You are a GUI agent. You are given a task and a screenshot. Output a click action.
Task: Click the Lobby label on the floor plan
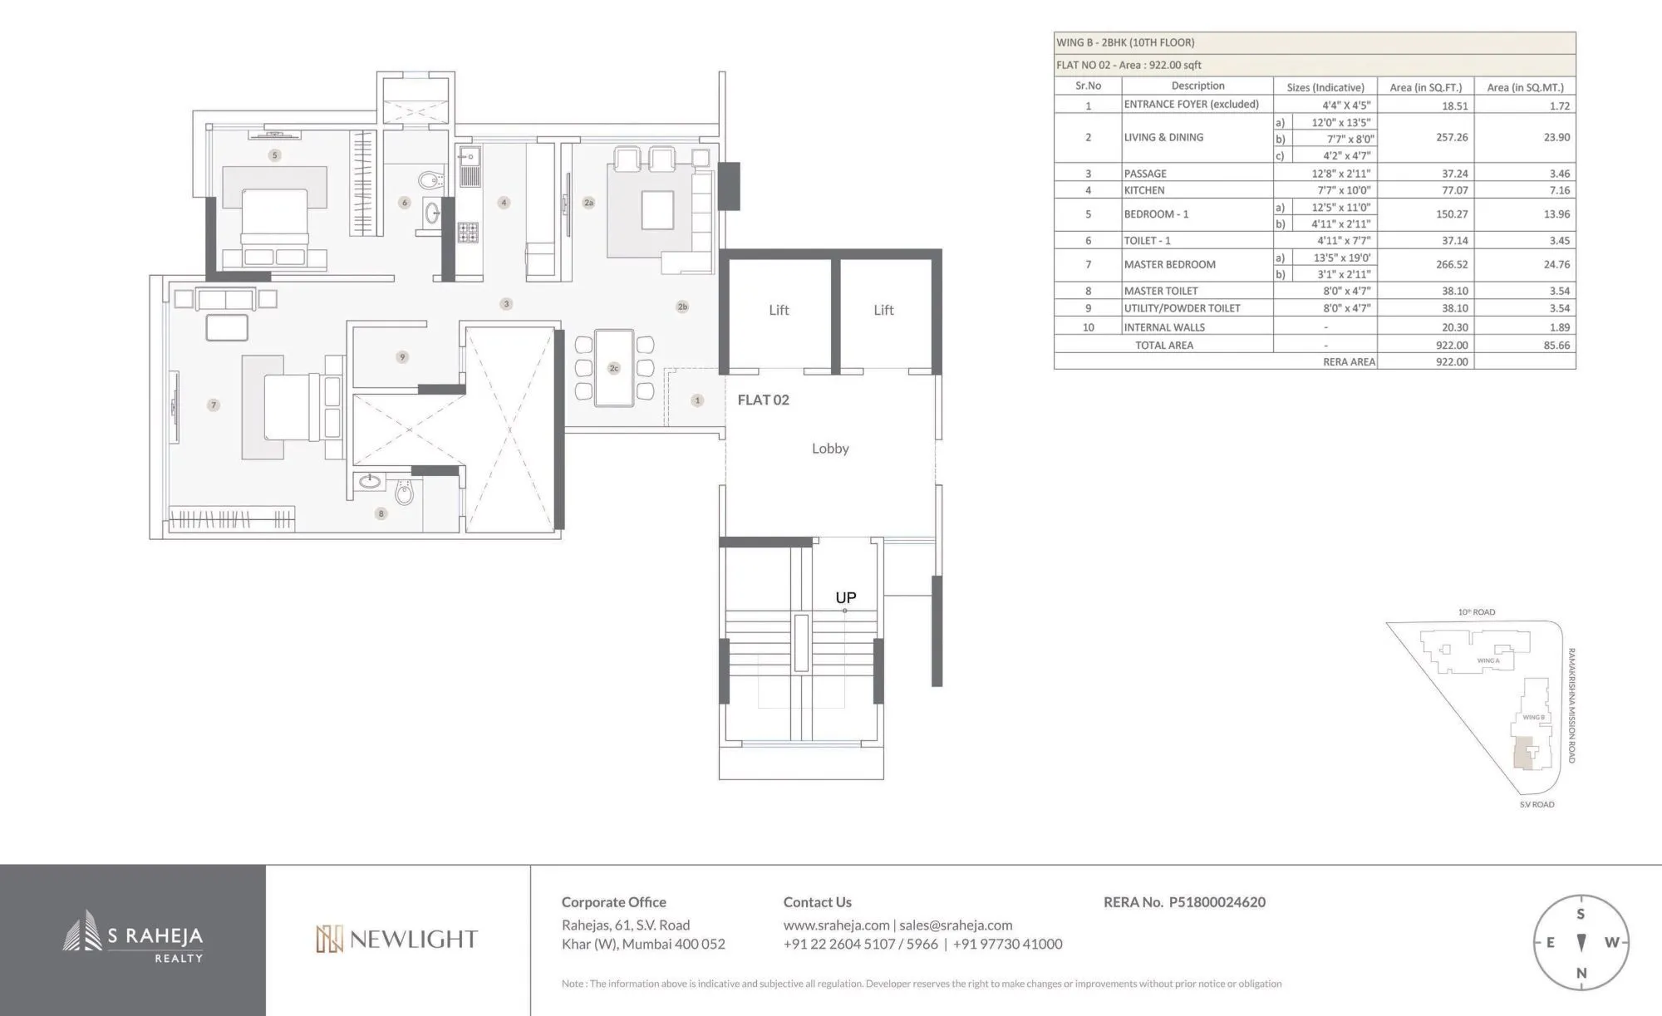pos(830,449)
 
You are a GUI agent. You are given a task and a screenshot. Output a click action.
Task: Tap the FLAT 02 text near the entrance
pos(763,400)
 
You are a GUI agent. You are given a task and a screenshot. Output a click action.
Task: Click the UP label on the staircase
pos(845,597)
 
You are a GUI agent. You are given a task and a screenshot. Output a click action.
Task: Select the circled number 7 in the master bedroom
pos(214,405)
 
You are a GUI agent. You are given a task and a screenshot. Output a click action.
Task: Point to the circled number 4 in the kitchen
pos(504,203)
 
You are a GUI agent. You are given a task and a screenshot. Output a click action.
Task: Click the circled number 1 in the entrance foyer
pos(697,400)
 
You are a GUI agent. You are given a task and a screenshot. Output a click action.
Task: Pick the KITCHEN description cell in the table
pos(1144,190)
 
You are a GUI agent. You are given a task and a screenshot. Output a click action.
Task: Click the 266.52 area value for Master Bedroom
pos(1451,264)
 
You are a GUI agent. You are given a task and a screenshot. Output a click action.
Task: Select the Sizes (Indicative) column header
pos(1325,86)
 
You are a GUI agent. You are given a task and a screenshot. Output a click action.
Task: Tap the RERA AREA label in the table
pos(1349,362)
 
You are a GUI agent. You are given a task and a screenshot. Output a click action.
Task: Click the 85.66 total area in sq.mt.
pos(1556,345)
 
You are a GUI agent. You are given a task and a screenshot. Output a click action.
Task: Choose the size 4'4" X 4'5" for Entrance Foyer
pos(1346,105)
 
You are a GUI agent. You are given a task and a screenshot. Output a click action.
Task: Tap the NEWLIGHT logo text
pos(397,940)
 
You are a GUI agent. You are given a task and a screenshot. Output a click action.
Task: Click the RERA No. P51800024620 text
pos(1183,902)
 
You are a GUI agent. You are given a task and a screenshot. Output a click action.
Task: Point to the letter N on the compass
pos(1581,973)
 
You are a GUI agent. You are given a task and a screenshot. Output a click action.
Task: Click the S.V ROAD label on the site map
pos(1537,804)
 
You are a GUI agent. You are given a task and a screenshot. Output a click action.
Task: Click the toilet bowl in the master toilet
pos(404,493)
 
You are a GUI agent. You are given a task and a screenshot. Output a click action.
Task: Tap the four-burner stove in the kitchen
pos(468,232)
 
